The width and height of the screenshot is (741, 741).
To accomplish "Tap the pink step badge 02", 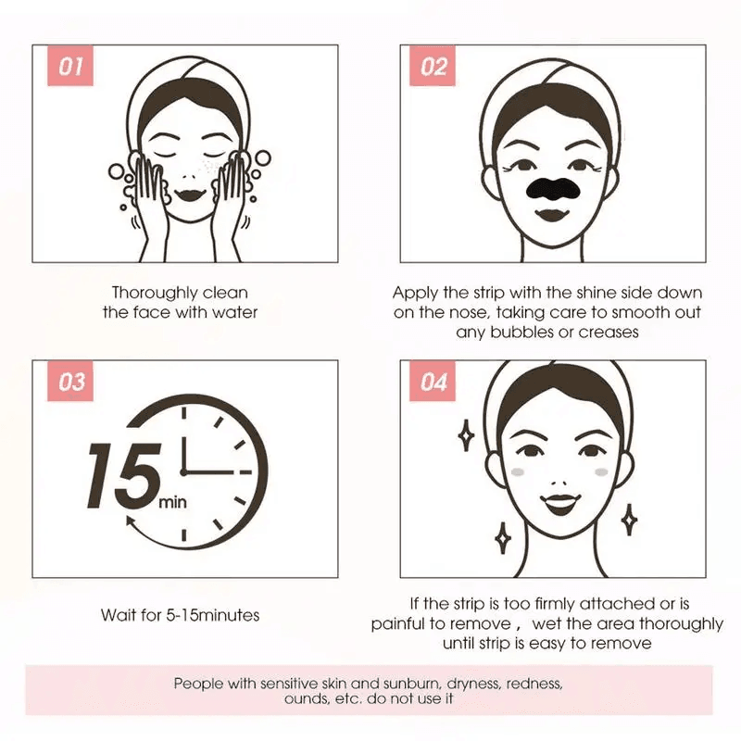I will click(x=433, y=67).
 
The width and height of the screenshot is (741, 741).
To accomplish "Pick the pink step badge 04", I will click(x=433, y=382).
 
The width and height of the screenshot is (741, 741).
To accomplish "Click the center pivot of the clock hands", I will click(x=183, y=472).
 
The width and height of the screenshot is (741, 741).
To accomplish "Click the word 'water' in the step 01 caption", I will click(x=235, y=312).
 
